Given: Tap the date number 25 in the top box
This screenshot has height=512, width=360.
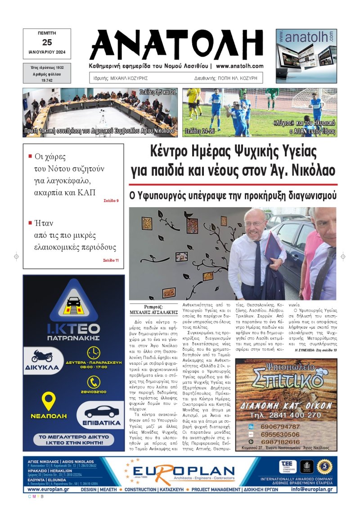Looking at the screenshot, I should pos(47,43).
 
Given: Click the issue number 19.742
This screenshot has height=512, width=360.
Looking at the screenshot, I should pos(47,79).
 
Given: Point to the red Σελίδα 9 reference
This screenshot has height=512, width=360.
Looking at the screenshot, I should pos(111,200).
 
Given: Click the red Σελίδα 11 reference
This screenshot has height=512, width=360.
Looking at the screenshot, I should pos(111,260).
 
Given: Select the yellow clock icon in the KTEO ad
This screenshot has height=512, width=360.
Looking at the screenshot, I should pos(94,352).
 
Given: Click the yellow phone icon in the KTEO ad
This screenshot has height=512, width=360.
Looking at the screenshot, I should pos(94,382).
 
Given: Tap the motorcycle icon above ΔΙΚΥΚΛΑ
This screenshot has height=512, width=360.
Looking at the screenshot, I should pos(42,356).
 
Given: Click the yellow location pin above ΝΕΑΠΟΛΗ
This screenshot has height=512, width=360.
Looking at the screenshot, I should pos(48,401).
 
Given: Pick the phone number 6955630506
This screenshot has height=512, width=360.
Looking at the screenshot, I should pos(280,435).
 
